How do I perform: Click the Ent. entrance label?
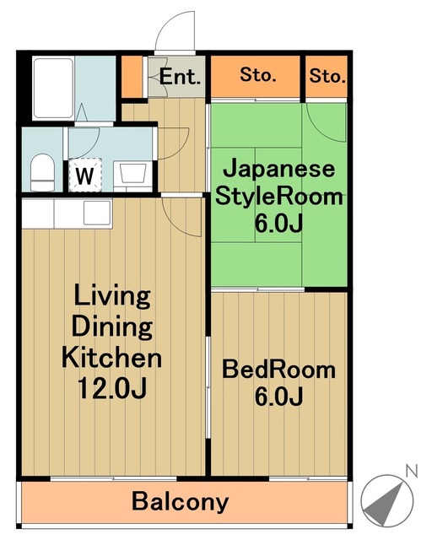tap(181, 77)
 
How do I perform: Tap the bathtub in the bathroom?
tap(53, 88)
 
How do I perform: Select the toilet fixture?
tap(40, 174)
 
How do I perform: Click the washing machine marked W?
tap(84, 175)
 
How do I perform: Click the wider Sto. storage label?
tap(257, 76)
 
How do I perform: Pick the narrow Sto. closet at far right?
tap(327, 77)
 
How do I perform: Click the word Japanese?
tap(278, 169)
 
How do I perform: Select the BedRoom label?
tap(278, 370)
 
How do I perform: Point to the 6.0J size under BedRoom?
tap(278, 396)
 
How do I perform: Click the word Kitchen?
tap(111, 357)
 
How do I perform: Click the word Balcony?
tap(180, 502)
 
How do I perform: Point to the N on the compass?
tap(410, 470)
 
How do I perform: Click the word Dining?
tap(111, 327)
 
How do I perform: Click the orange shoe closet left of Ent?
tap(132, 76)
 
